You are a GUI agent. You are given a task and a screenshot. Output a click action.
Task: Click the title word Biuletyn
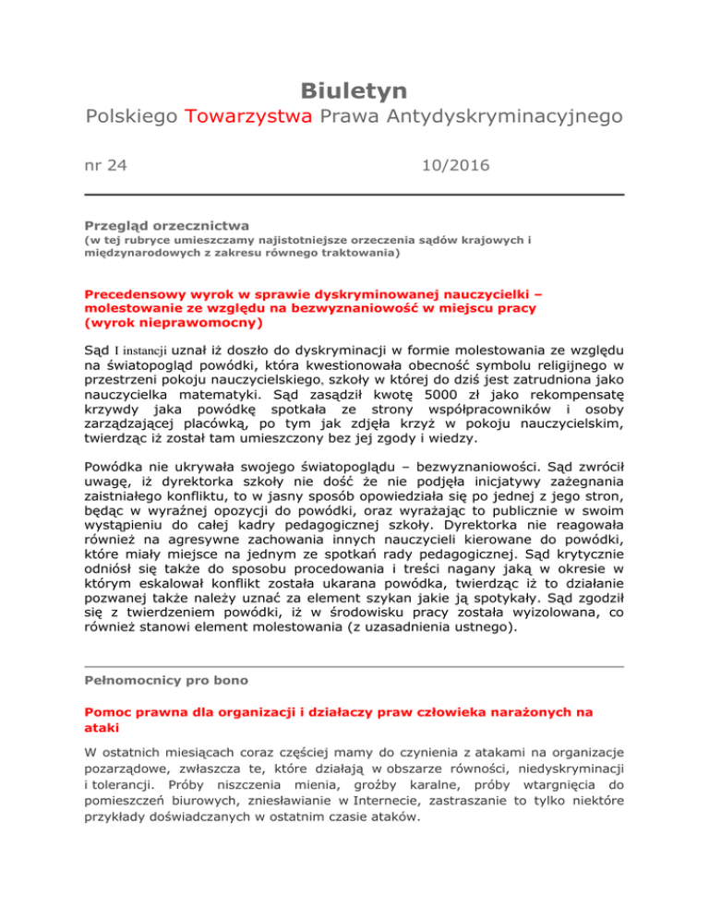click(x=354, y=90)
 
